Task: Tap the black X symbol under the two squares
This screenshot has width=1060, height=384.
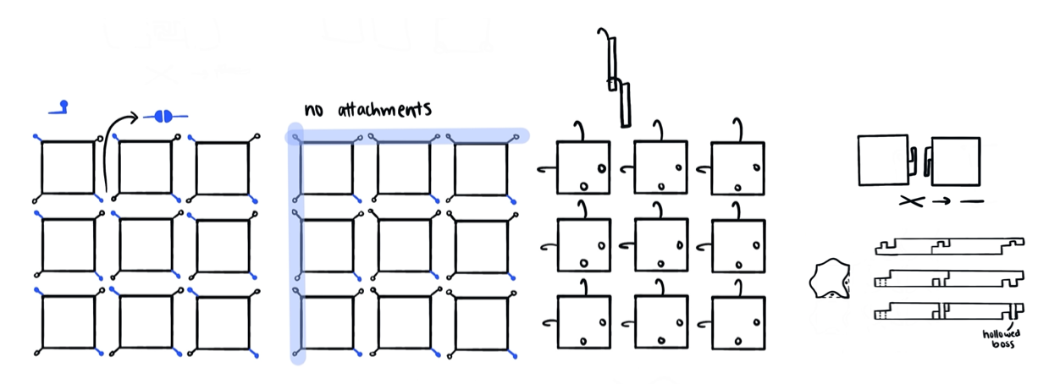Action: tap(910, 201)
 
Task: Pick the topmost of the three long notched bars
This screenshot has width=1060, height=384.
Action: tap(948, 246)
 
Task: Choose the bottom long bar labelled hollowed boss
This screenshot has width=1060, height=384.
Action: tap(948, 313)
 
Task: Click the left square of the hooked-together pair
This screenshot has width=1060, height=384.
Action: tap(883, 160)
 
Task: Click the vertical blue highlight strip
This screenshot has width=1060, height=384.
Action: tap(296, 254)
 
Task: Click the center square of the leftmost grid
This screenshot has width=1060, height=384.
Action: tap(146, 245)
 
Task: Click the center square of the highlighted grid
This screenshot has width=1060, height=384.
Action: tap(404, 247)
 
